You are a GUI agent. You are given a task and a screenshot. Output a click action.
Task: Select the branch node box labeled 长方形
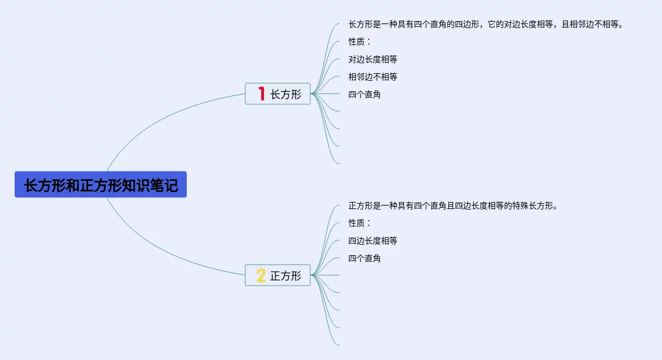(277, 94)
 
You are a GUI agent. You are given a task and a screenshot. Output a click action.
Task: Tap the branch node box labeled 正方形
(277, 275)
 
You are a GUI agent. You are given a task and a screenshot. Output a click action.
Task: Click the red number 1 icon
(261, 94)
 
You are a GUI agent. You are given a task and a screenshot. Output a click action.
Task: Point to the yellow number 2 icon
(261, 275)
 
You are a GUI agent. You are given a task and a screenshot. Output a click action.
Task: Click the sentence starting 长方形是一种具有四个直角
(485, 24)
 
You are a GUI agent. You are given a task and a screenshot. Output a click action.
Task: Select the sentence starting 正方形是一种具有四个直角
(452, 205)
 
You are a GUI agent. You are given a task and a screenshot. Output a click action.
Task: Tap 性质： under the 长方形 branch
(359, 42)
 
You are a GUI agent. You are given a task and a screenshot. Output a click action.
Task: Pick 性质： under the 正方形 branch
(359, 223)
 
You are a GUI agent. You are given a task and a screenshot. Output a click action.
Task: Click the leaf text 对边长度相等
(372, 59)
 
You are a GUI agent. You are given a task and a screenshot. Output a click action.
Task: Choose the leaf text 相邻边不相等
(372, 77)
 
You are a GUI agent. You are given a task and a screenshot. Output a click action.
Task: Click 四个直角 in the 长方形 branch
(364, 94)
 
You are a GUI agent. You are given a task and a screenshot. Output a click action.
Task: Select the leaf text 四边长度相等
(372, 241)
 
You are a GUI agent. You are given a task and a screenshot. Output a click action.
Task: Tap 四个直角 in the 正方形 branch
(364, 258)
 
